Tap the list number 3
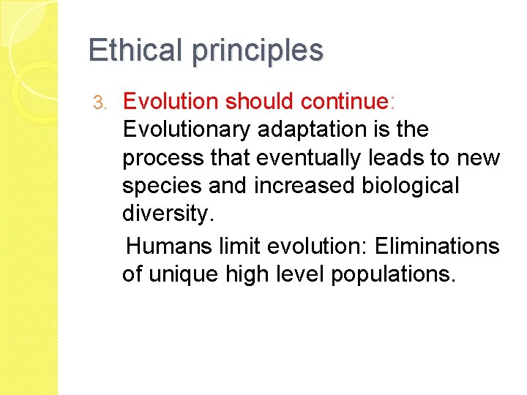click(102, 102)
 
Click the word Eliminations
click(437, 246)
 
